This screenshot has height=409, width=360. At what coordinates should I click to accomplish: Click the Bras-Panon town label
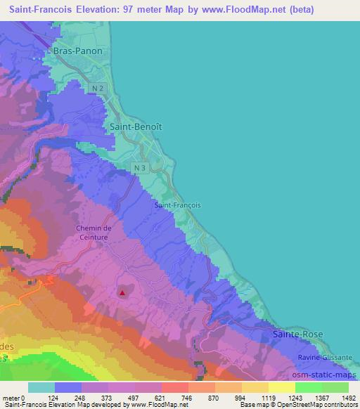tap(77, 51)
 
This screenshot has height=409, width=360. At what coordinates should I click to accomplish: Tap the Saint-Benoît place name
tap(136, 126)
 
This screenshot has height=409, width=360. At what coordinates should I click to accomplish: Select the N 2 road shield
tap(98, 87)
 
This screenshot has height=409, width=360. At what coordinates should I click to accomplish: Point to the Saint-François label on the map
tap(177, 205)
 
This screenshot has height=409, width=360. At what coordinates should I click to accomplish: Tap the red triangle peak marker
tap(123, 293)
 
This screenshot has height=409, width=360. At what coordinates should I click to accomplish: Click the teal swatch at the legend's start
tap(41, 387)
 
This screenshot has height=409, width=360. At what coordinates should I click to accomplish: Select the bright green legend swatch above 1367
tap(308, 387)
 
